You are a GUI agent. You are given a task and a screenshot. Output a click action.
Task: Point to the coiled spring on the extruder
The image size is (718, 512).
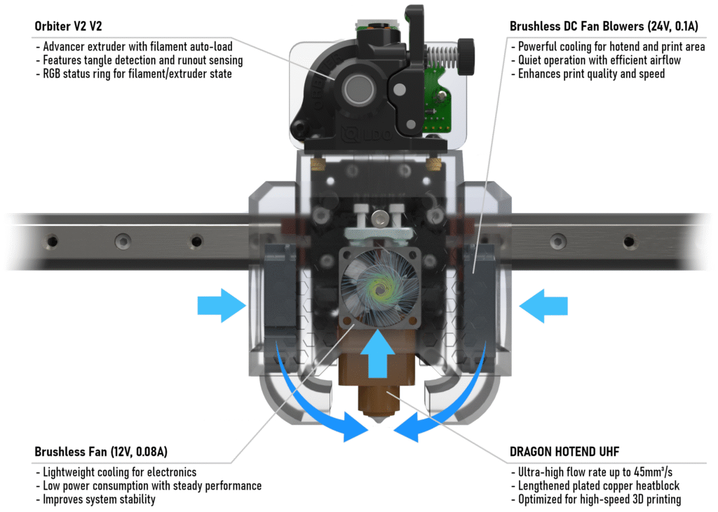pyautogui.click(x=441, y=53)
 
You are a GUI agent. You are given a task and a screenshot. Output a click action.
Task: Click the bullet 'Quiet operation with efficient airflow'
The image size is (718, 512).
pyautogui.click(x=600, y=60)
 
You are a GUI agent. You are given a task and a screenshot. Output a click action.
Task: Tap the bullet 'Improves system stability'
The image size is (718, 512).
pyautogui.click(x=99, y=499)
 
